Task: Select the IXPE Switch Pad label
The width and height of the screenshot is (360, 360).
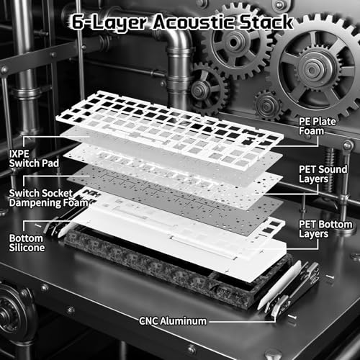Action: (34, 158)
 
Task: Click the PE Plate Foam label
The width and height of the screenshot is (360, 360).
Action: (317, 126)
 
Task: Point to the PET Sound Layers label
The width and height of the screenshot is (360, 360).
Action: (323, 174)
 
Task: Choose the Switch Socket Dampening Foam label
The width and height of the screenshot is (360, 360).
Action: (49, 198)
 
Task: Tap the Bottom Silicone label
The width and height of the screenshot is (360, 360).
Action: (27, 243)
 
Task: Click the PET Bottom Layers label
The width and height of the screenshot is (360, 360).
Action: (325, 229)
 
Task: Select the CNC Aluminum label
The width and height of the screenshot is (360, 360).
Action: (173, 321)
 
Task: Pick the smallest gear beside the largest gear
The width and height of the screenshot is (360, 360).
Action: (268, 105)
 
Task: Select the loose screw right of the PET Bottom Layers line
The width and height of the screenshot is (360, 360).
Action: (330, 277)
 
